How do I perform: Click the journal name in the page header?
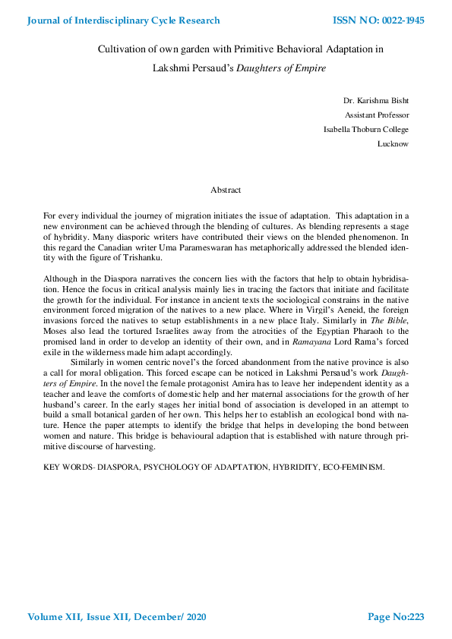click(x=124, y=20)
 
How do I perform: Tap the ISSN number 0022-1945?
click(x=395, y=20)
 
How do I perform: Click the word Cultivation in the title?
click(x=123, y=49)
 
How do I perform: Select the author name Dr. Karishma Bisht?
click(x=376, y=100)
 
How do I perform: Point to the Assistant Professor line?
click(x=377, y=115)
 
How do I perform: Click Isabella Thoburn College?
click(x=366, y=129)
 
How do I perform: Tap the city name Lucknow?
click(x=393, y=143)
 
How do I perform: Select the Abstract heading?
click(x=226, y=190)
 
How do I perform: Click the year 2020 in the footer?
click(x=193, y=617)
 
